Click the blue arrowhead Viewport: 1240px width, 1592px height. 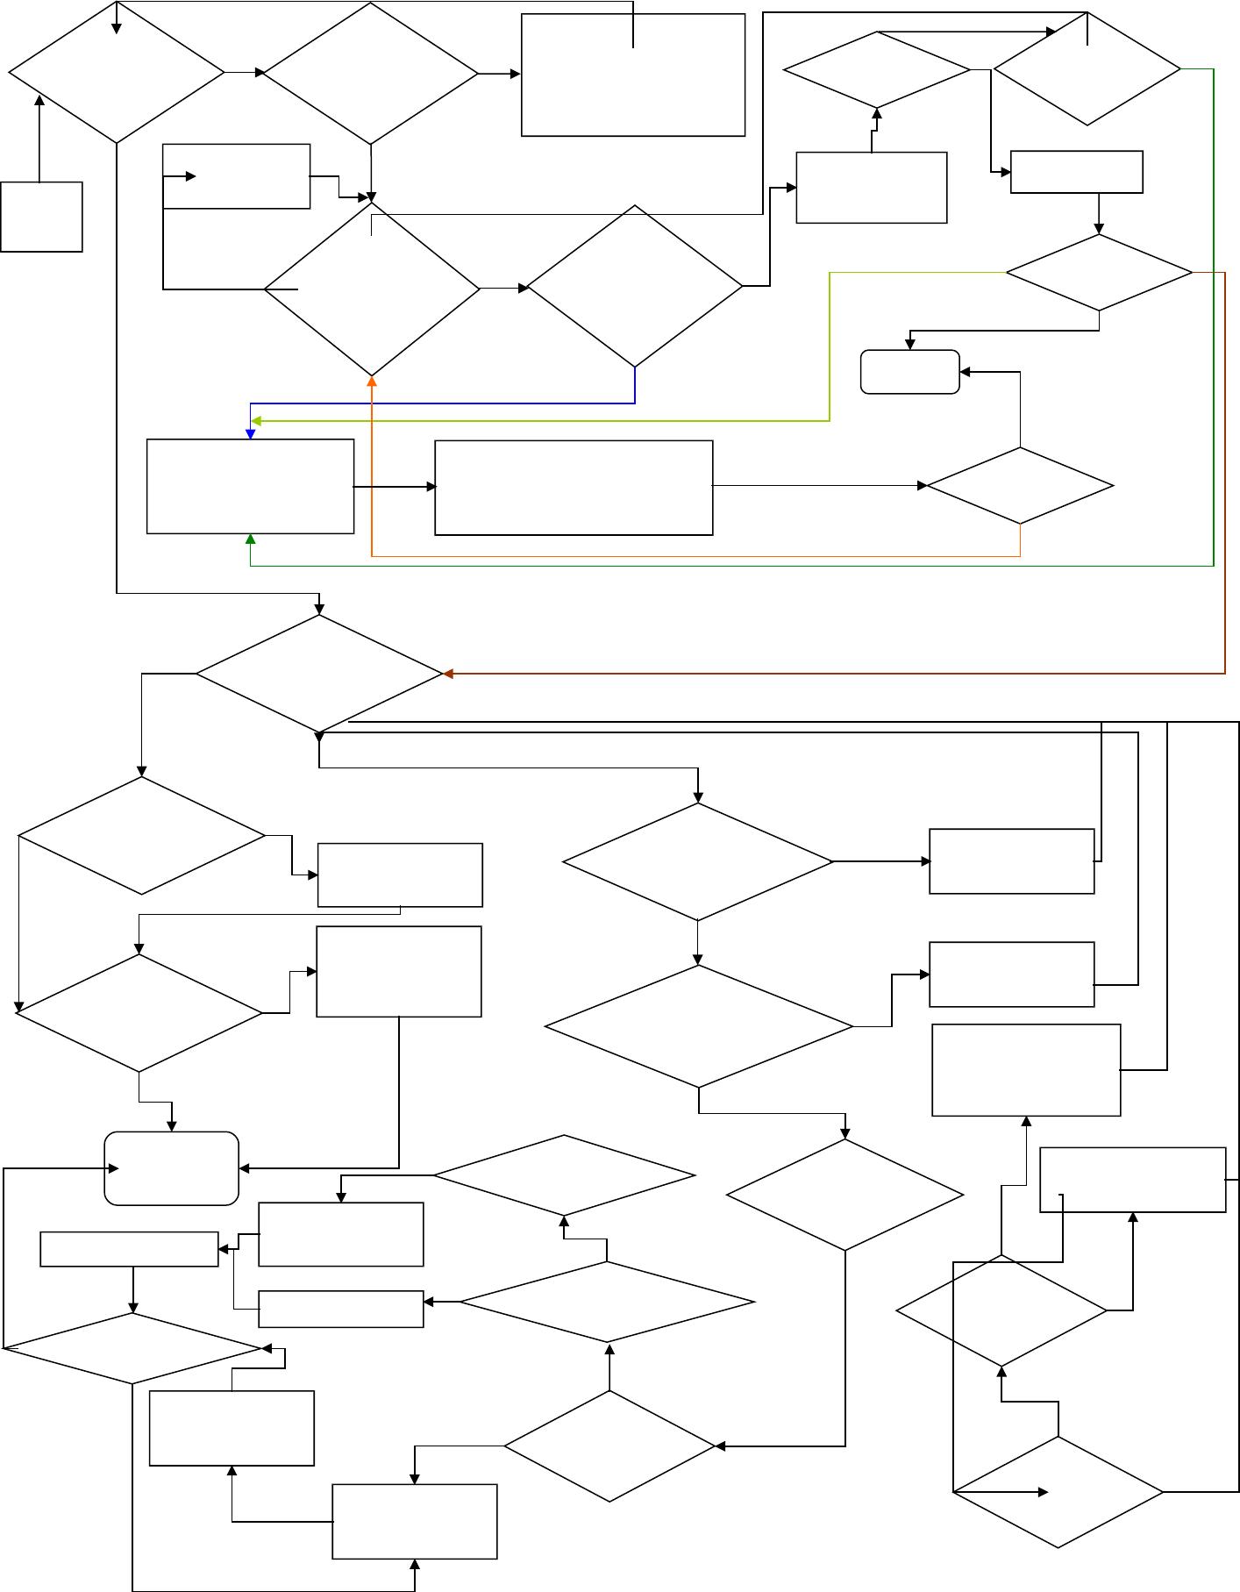251,433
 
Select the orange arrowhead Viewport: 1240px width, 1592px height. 372,382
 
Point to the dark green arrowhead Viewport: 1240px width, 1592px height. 251,539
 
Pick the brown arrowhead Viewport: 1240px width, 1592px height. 448,674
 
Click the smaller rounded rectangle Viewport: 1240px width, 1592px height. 910,372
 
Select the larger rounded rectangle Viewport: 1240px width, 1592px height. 171,1168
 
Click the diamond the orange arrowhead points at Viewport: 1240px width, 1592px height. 372,289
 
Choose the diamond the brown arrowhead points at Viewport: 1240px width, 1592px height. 319,674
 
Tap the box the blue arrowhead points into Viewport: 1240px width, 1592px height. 250,486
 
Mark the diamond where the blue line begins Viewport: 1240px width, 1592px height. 634,286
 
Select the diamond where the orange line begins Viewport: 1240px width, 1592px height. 1020,485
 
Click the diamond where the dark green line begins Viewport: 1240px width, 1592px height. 1087,69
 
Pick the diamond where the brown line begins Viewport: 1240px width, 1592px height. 1099,273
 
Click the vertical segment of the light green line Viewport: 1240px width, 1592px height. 830,346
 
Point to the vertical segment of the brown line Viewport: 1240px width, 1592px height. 1225,474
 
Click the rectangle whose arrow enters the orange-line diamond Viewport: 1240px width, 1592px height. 574,487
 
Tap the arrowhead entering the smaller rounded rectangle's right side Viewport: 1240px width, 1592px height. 966,372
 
